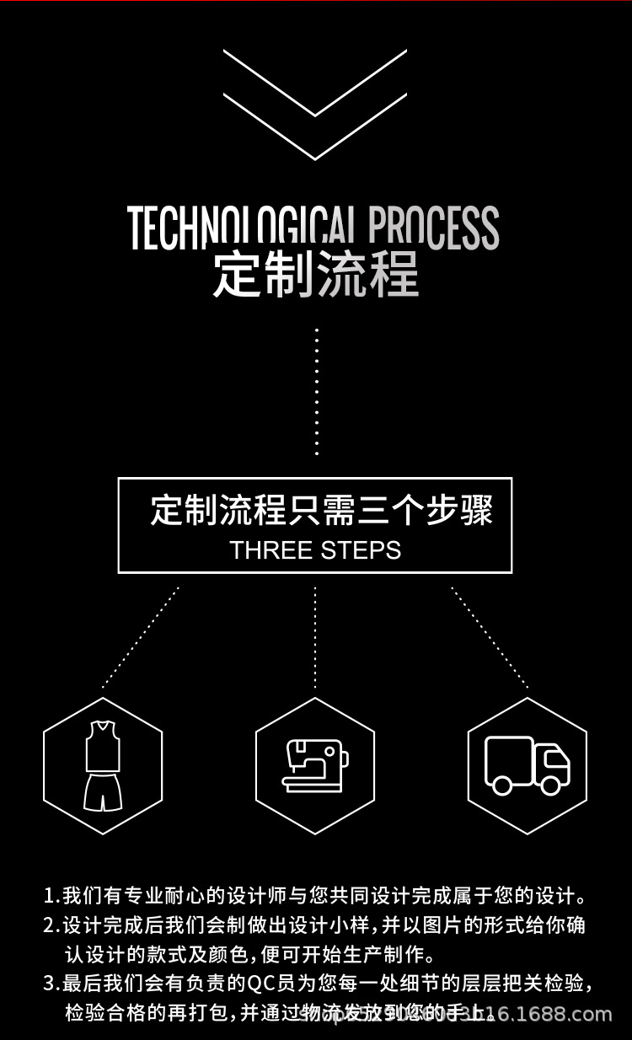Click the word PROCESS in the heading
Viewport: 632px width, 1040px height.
(x=434, y=228)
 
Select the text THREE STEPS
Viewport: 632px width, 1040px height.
(x=315, y=550)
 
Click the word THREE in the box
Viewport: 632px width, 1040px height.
(x=270, y=550)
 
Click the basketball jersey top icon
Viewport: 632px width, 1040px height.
(x=102, y=745)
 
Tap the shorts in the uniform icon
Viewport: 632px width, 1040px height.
(x=102, y=792)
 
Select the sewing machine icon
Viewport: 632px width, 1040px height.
(x=314, y=765)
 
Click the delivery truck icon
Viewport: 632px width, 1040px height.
(x=528, y=765)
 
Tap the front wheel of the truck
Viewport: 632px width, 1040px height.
(x=553, y=785)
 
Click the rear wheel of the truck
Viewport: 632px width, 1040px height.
(x=502, y=785)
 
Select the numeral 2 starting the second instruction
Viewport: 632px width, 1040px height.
(x=49, y=925)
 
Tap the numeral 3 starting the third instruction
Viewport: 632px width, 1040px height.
(x=49, y=984)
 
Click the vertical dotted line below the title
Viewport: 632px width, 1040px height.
(x=317, y=392)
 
